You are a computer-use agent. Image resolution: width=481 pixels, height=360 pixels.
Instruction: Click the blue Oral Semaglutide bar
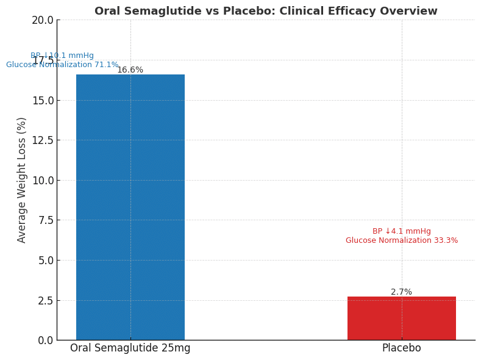pyautogui.click(x=130, y=207)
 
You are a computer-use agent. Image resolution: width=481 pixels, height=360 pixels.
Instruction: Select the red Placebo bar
pyautogui.click(x=401, y=319)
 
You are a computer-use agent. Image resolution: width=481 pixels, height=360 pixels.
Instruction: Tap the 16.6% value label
pyautogui.click(x=130, y=70)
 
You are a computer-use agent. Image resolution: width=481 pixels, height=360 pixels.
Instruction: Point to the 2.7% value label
pyautogui.click(x=401, y=292)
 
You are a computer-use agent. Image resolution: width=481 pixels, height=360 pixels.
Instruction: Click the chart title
pyautogui.click(x=265, y=11)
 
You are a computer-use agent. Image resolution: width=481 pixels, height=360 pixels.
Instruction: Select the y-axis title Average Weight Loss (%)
pyautogui.click(x=22, y=180)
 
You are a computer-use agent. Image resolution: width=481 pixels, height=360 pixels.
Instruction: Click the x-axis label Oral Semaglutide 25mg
pyautogui.click(x=130, y=348)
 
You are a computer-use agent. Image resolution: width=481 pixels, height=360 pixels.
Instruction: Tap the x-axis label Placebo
pyautogui.click(x=401, y=348)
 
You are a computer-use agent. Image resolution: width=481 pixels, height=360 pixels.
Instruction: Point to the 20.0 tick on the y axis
pyautogui.click(x=42, y=20)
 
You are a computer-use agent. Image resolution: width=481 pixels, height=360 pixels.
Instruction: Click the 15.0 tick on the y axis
pyautogui.click(x=42, y=100)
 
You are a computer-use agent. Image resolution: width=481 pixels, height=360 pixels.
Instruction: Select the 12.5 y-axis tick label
pyautogui.click(x=42, y=140)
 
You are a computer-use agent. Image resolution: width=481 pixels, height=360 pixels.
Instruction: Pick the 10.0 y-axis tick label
pyautogui.click(x=42, y=180)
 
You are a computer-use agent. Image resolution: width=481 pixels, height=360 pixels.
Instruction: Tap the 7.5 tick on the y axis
pyautogui.click(x=45, y=220)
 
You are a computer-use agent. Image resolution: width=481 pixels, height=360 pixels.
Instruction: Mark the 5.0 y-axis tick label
pyautogui.click(x=45, y=261)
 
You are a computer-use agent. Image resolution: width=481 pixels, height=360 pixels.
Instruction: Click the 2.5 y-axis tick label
pyautogui.click(x=45, y=300)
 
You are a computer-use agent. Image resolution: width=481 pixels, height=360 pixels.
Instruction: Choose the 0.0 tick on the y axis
pyautogui.click(x=45, y=340)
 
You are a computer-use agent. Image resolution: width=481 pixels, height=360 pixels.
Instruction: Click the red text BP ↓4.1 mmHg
pyautogui.click(x=401, y=232)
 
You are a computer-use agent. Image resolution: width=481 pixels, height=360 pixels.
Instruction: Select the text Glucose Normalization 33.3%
pyautogui.click(x=401, y=241)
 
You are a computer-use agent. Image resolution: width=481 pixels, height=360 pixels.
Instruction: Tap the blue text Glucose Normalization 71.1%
pyautogui.click(x=62, y=65)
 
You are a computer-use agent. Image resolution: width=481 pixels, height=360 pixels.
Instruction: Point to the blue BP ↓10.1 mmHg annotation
pyautogui.click(x=62, y=56)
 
